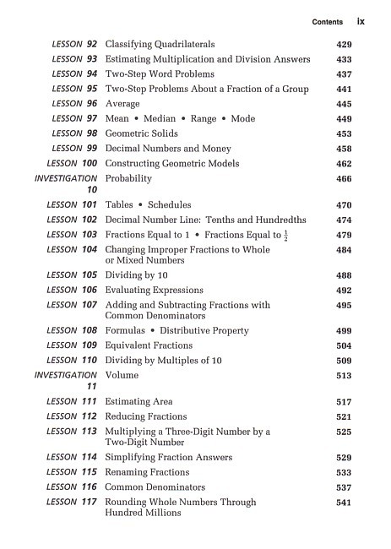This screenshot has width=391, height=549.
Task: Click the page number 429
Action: click(344, 44)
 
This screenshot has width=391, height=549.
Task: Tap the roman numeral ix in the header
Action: click(361, 21)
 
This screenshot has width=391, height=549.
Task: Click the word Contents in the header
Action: click(328, 22)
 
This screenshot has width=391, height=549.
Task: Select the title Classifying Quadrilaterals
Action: click(160, 44)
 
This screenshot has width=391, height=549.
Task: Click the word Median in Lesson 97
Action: click(158, 119)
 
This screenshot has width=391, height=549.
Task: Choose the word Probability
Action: click(128, 179)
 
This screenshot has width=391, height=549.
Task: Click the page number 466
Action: click(344, 179)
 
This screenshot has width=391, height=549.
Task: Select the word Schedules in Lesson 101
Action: click(170, 205)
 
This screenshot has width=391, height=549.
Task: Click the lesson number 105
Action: click(89, 275)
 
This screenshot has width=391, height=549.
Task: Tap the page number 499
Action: click(344, 331)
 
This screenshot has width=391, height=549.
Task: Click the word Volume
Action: click(122, 376)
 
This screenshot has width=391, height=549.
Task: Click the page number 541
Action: click(344, 503)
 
